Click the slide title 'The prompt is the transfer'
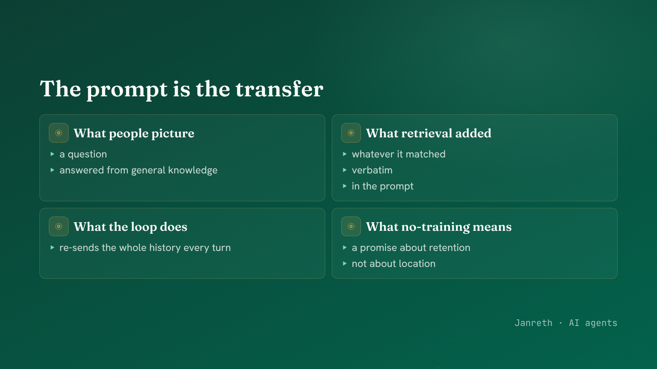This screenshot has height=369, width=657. (181, 89)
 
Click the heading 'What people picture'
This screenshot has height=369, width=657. (134, 133)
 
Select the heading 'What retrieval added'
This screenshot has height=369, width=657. (429, 133)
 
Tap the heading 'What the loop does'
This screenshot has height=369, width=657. (130, 227)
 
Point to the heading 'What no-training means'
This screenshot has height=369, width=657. (439, 227)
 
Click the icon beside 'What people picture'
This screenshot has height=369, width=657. (59, 133)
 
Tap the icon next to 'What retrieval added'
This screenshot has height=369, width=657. (351, 133)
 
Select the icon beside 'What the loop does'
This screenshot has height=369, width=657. (59, 226)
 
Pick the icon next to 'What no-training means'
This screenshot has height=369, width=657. (351, 226)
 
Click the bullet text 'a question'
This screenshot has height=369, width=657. (83, 154)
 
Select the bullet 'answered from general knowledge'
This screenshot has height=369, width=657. (138, 170)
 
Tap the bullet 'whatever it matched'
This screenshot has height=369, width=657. (399, 154)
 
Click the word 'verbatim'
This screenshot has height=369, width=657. (372, 170)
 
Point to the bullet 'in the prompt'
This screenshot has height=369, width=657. (382, 186)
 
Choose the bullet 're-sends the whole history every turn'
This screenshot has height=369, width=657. (145, 248)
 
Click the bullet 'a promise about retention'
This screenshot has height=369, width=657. (411, 248)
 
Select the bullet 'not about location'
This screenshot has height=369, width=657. (394, 264)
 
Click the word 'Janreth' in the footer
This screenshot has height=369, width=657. (533, 323)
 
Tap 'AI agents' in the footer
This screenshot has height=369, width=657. (593, 323)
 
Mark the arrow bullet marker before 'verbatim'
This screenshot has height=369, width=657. (345, 170)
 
